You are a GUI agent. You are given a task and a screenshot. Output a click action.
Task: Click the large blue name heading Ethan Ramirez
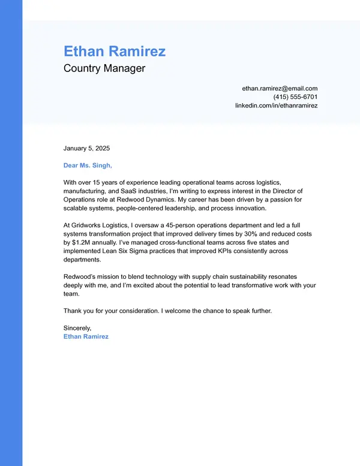point(114,51)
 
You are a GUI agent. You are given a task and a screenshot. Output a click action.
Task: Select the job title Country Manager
point(104,68)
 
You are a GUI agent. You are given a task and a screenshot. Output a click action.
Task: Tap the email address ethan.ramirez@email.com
point(280,88)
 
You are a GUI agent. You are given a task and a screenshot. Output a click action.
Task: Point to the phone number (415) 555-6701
point(295,97)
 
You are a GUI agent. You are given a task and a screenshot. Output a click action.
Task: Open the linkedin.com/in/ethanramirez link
point(276,106)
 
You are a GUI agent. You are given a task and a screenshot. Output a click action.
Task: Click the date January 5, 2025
point(87,148)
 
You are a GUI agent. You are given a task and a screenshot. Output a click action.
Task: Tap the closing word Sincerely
point(77,328)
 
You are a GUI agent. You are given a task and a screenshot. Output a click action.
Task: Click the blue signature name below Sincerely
point(86,336)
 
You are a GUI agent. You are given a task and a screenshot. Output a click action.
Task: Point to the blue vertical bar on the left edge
point(11,240)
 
